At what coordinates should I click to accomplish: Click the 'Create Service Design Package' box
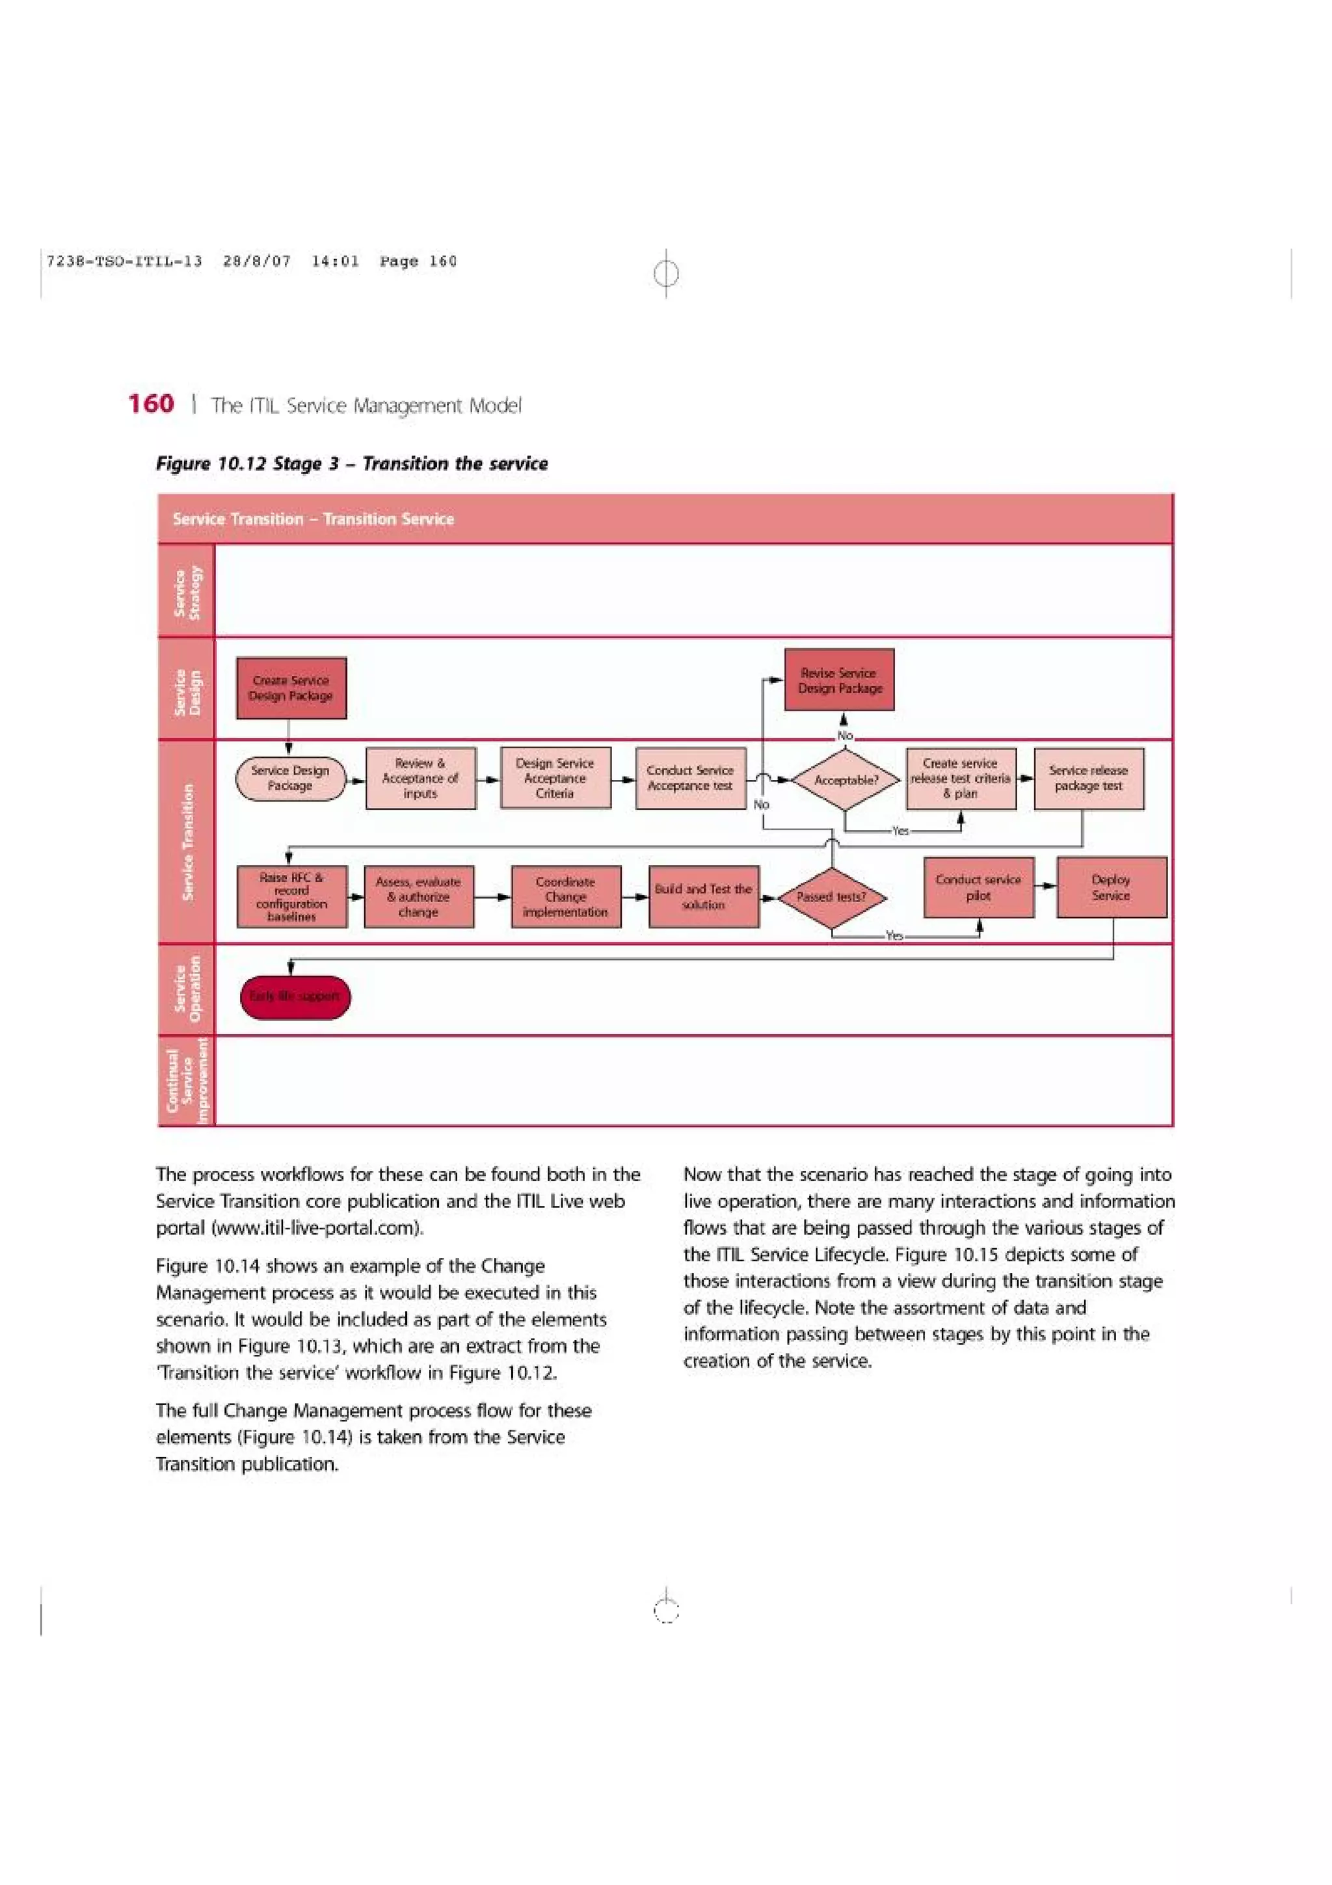291,688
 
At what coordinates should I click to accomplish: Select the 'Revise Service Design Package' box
839,680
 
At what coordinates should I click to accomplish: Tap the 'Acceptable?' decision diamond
846,780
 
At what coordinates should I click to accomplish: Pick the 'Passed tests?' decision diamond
831,898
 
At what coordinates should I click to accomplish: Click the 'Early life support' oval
295,996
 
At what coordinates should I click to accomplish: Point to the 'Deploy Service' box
1112,887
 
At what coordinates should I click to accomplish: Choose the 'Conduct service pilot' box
978,887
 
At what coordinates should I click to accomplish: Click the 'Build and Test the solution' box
703,896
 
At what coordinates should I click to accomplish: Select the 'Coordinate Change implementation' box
565,896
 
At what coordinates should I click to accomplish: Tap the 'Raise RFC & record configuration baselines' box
291,896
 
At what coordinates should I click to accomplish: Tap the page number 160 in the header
151,404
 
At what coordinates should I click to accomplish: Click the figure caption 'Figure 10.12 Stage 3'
351,464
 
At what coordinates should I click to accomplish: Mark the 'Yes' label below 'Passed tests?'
894,936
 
